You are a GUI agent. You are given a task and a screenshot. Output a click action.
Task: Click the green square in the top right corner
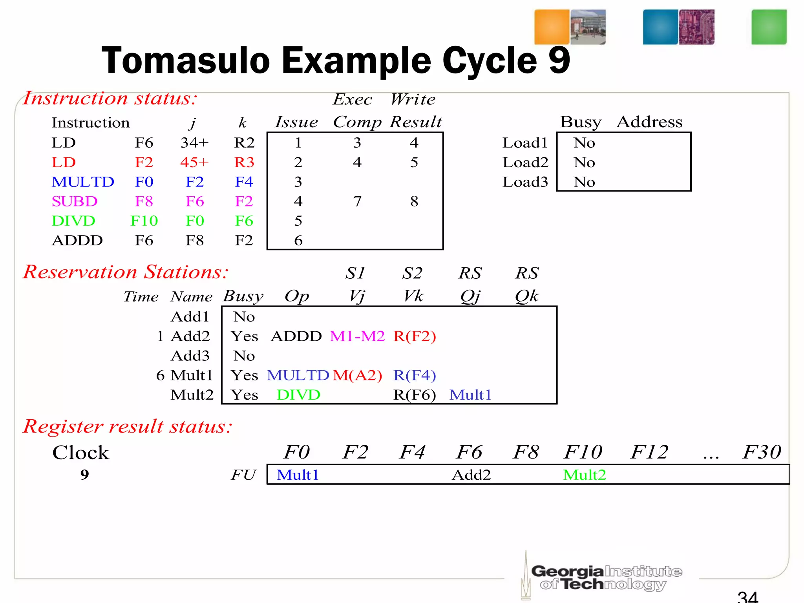click(x=769, y=27)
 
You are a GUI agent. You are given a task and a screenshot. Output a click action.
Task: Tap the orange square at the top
click(x=552, y=27)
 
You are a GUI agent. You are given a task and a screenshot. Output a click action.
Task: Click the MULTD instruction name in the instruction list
click(x=83, y=182)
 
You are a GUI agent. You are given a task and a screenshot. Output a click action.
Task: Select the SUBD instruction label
click(x=75, y=201)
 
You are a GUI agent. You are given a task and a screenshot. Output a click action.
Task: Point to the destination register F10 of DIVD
click(x=144, y=221)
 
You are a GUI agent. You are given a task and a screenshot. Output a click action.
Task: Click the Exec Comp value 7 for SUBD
click(x=357, y=201)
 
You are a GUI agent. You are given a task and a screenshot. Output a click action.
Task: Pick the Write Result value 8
click(x=414, y=201)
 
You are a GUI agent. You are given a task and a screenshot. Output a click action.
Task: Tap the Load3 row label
click(x=525, y=182)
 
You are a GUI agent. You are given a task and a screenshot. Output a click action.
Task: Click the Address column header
click(x=649, y=122)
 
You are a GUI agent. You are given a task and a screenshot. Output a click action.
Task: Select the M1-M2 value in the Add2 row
click(x=357, y=336)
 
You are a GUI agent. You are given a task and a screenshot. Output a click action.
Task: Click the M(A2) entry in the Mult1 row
click(x=357, y=375)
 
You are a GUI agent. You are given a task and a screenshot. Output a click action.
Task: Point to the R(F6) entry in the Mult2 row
click(x=415, y=395)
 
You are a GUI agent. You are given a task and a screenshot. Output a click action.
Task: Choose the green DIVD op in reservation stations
click(x=298, y=395)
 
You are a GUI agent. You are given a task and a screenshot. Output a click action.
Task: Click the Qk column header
click(x=527, y=296)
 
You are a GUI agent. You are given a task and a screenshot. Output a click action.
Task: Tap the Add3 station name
click(x=190, y=356)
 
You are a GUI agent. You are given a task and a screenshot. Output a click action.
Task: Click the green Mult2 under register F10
click(x=584, y=475)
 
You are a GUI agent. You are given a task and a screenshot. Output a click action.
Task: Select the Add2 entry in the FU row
click(x=471, y=475)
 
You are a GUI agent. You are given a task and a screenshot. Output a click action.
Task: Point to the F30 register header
click(x=762, y=452)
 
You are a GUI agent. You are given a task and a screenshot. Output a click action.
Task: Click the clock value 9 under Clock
click(x=84, y=475)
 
